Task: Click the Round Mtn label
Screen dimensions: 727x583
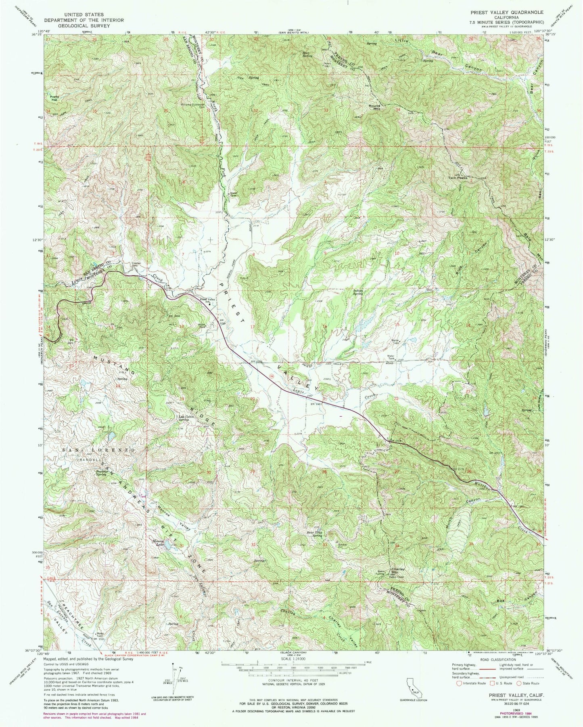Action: (x=374, y=107)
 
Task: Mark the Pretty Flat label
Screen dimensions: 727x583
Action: (x=55, y=98)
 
